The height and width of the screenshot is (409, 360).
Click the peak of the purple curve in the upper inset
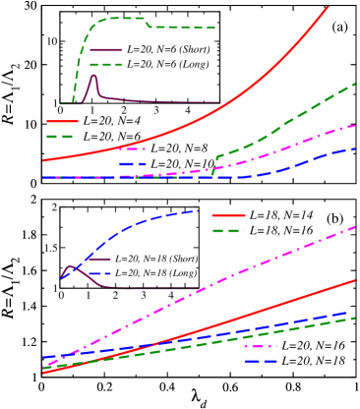(94, 76)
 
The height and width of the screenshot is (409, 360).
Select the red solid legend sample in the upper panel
(62, 121)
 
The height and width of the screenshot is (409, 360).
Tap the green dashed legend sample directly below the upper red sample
(62, 136)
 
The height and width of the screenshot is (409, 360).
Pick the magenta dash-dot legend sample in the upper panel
(133, 148)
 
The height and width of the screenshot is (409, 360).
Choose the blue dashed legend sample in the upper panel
(133, 164)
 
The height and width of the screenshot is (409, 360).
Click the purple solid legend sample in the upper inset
(106, 49)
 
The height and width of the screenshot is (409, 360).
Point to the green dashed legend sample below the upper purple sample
(106, 64)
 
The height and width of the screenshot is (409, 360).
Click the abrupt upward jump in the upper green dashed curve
(213, 164)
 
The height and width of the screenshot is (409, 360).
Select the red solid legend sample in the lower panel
(228, 214)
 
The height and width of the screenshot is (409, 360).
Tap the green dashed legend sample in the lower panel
(228, 230)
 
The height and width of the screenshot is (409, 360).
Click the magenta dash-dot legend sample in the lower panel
(261, 345)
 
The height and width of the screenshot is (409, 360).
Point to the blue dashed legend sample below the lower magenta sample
(261, 361)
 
